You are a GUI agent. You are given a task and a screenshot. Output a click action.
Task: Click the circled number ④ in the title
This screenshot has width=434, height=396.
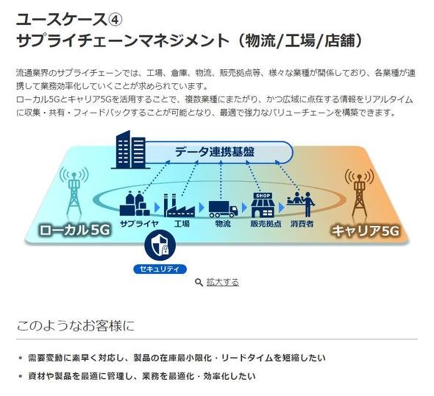[114, 20]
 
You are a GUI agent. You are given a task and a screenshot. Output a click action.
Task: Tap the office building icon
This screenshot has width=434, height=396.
[130, 150]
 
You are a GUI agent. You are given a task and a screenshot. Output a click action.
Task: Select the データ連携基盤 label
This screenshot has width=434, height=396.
[215, 152]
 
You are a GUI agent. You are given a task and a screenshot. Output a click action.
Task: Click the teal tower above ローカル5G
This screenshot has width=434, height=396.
[74, 191]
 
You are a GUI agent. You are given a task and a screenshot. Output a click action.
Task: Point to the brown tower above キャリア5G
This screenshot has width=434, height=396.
[359, 193]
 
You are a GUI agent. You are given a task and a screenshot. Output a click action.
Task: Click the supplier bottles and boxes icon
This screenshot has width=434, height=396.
[135, 204]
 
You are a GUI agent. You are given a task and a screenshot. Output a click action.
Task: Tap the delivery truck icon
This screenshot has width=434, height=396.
[223, 209]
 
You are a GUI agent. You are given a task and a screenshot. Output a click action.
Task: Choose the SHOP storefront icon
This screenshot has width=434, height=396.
[263, 205]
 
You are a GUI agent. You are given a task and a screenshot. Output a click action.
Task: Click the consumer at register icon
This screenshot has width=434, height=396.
[301, 204]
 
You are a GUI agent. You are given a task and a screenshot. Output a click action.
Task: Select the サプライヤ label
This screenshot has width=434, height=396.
[139, 224]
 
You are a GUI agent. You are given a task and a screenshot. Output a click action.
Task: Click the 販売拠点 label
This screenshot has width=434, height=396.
[266, 224]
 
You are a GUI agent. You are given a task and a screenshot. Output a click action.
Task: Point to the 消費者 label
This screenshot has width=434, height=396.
[302, 224]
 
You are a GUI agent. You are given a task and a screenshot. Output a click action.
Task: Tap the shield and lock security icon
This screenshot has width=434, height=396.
[160, 245]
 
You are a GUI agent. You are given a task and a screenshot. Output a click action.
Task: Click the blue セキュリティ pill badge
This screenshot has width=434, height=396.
[160, 269]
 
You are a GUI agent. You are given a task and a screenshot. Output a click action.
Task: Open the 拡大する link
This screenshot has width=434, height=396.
[223, 282]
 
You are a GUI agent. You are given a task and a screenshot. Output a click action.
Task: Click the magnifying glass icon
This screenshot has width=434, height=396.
[199, 283]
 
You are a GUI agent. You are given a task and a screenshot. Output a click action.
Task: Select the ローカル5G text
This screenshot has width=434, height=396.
[74, 230]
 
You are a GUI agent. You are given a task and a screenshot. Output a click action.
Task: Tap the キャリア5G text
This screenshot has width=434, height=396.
[366, 230]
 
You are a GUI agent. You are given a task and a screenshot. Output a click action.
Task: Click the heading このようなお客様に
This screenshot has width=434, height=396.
[76, 325]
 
